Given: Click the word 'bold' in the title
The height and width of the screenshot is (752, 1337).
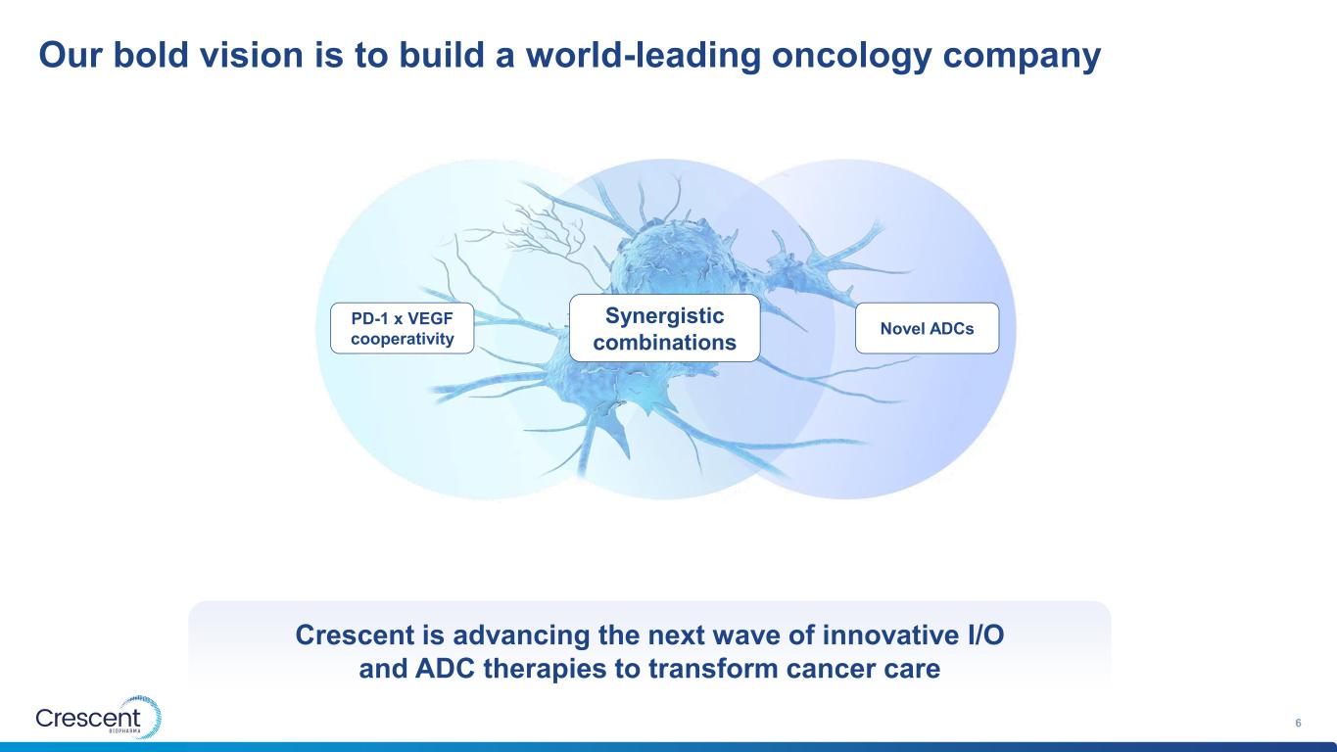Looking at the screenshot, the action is tap(151, 54).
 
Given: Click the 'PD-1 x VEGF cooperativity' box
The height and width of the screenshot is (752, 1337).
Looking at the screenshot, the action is tap(403, 328).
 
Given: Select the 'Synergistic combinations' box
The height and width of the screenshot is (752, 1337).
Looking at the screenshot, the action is tap(665, 328).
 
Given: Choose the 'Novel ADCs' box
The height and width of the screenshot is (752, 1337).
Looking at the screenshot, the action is tap(927, 328).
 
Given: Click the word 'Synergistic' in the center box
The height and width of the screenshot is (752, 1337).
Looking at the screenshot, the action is tap(665, 316).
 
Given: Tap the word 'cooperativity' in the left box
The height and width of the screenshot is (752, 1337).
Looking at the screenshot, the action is tap(403, 339).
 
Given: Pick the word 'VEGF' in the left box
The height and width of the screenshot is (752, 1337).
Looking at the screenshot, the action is tap(430, 318).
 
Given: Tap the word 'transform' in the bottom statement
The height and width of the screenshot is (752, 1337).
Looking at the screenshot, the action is tap(713, 669).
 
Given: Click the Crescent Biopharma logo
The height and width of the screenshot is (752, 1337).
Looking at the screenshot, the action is tap(99, 718).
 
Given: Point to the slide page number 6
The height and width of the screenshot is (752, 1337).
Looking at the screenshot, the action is tap(1298, 723).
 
